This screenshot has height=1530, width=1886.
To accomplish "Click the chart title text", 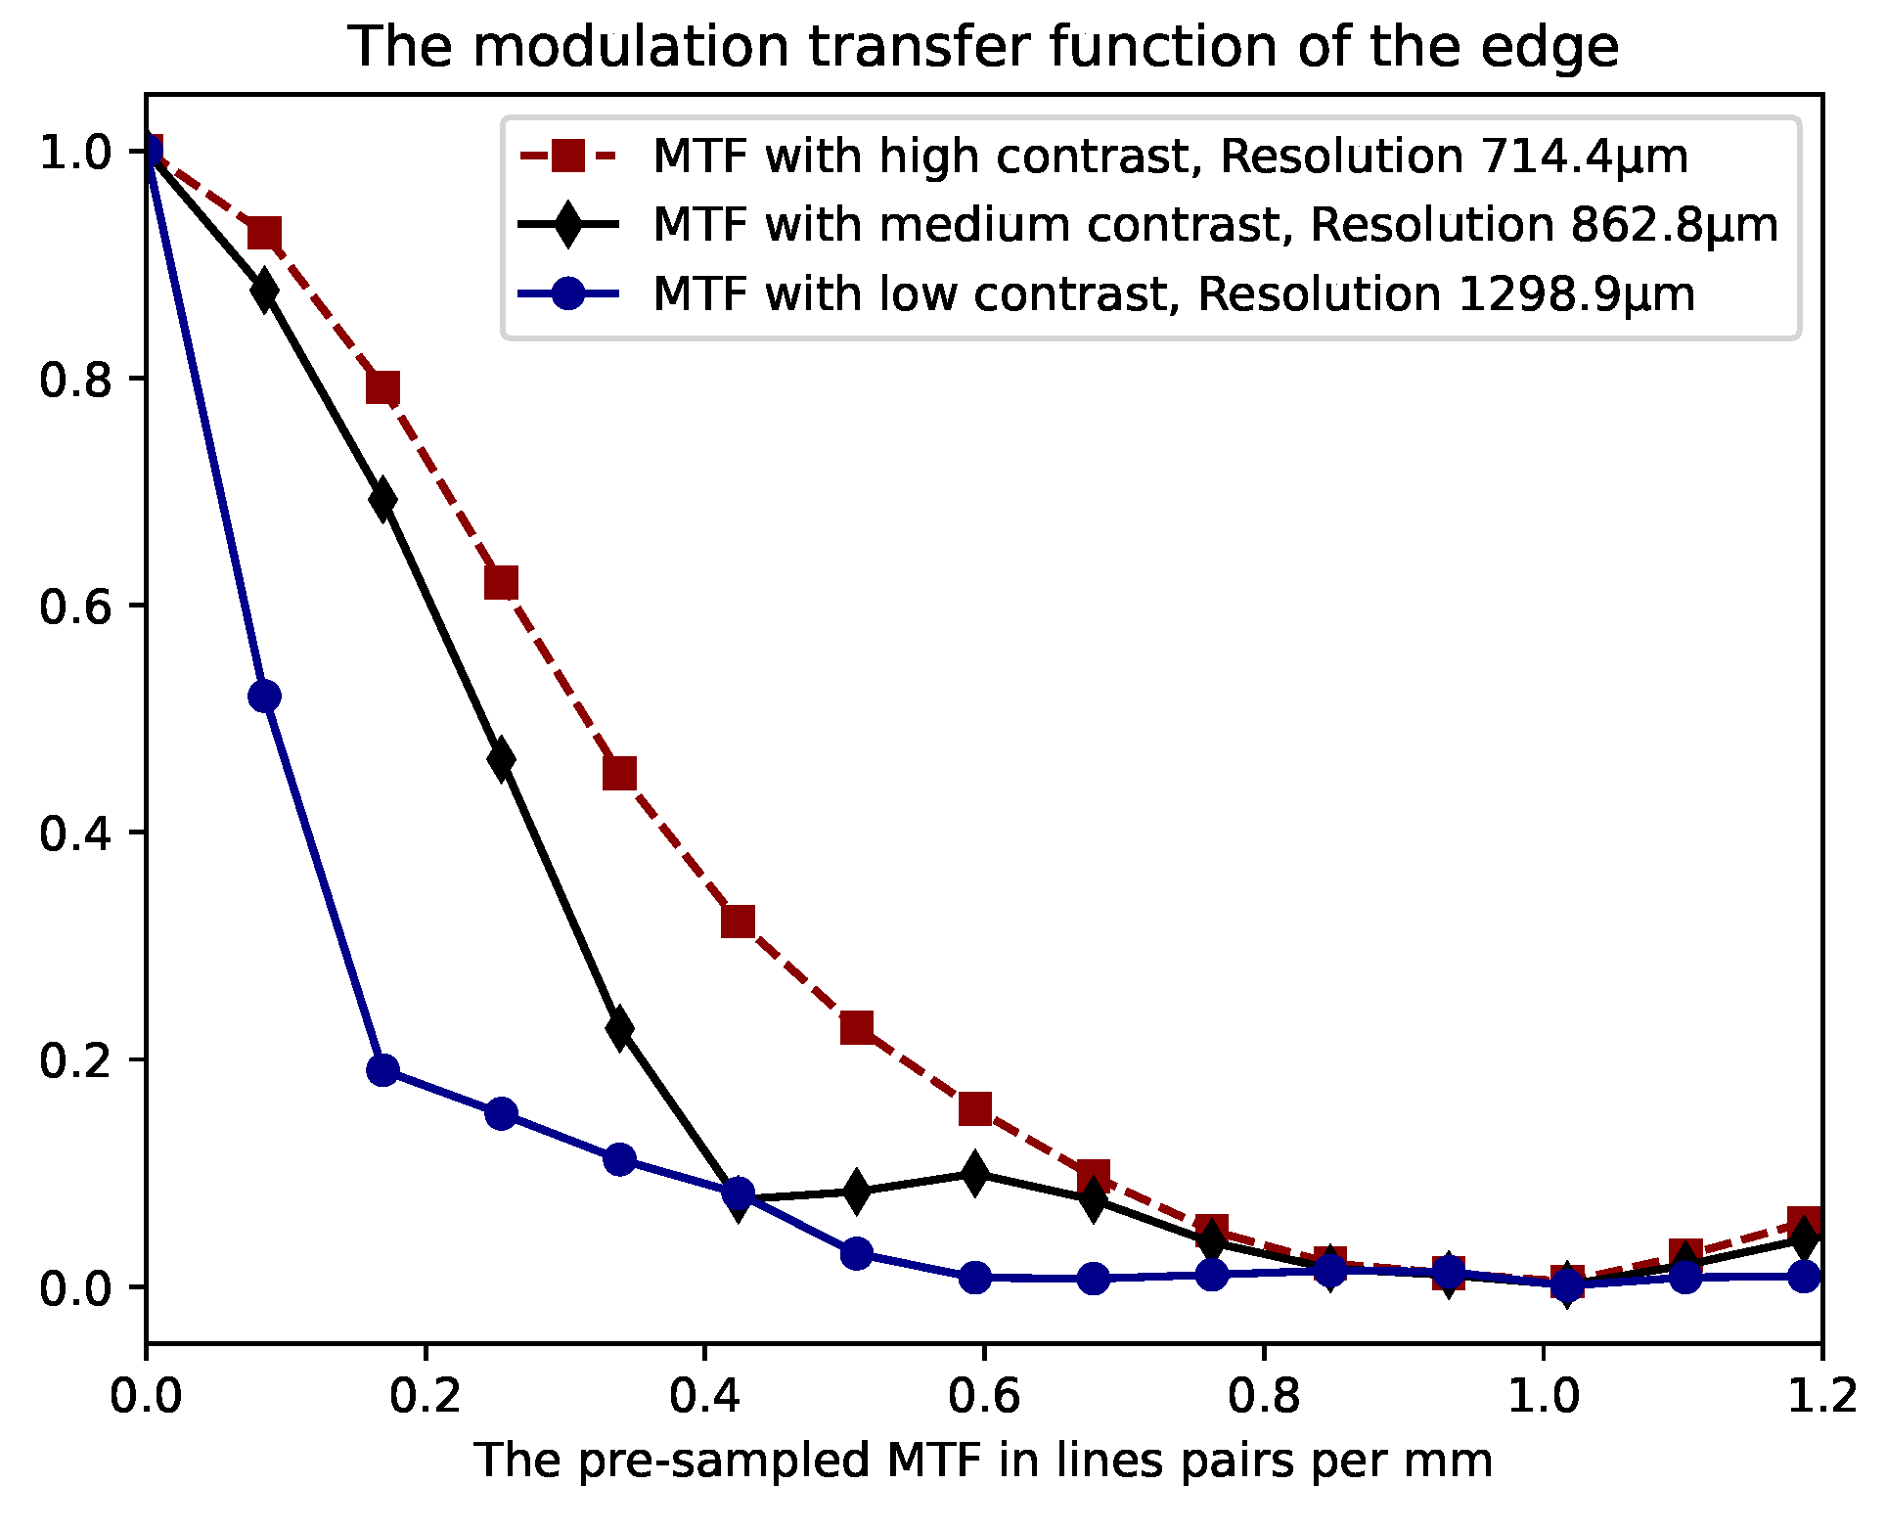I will click(x=983, y=47).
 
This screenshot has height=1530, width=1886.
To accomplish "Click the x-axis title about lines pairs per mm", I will click(x=983, y=1462).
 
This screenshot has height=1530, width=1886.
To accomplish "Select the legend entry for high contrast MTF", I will click(x=1170, y=157).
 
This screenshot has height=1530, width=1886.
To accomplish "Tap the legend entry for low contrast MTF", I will click(x=1173, y=293).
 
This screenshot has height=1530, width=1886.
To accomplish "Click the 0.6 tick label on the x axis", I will click(x=984, y=1395).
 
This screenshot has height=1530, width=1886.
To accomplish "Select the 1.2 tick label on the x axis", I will click(x=1821, y=1395).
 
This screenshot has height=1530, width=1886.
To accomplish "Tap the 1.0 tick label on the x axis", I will click(x=1543, y=1395).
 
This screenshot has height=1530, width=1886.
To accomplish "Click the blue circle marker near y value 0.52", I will click(x=264, y=697).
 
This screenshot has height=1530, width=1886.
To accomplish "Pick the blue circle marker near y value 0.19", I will click(x=382, y=1070).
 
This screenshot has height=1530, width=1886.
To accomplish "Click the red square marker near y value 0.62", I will click(x=501, y=583).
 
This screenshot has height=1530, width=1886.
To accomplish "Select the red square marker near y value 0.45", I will click(x=619, y=774).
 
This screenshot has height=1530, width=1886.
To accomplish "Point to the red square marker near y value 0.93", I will click(x=264, y=234).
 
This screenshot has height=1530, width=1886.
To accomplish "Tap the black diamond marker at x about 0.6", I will click(x=974, y=1173).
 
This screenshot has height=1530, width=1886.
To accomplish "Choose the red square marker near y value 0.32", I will click(x=738, y=922).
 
